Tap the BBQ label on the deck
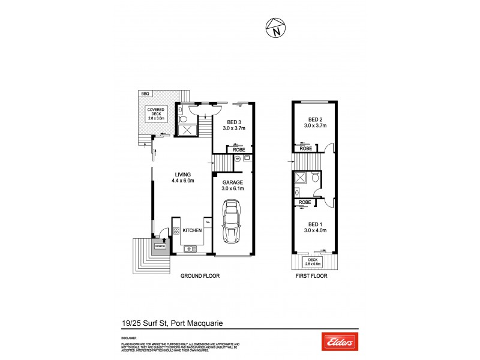coord(145,94)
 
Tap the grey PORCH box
coord(160,245)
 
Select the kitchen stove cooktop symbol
coord(177,230)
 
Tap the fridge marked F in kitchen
coord(208,222)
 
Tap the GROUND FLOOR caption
coord(200,276)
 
